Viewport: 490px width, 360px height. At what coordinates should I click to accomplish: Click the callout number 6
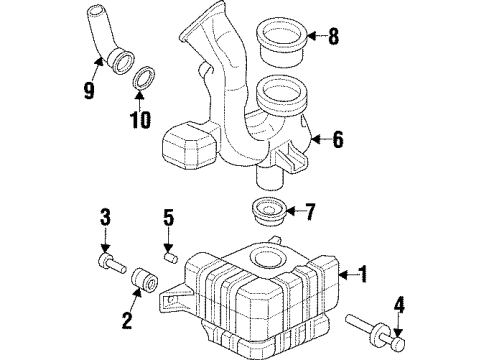tap(337, 141)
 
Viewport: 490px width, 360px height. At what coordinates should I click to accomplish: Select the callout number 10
tap(139, 121)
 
